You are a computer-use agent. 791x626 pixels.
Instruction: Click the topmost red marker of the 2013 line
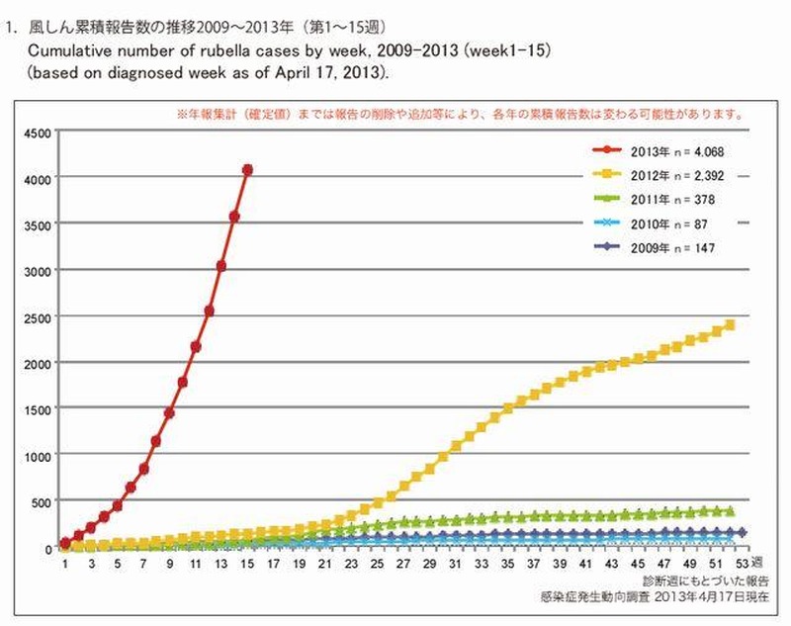pyautogui.click(x=247, y=170)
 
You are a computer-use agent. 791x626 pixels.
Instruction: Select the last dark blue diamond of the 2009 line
pyautogui.click(x=742, y=533)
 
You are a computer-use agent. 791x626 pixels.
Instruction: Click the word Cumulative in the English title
pyautogui.click(x=68, y=49)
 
